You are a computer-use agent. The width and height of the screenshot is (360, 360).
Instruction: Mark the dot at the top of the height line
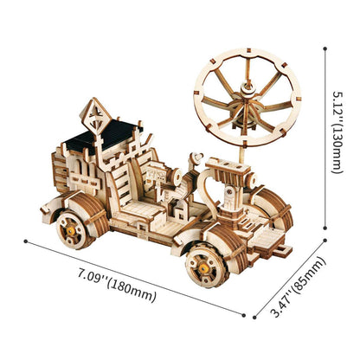(324, 48)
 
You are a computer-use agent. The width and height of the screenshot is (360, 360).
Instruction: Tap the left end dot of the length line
(26, 241)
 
